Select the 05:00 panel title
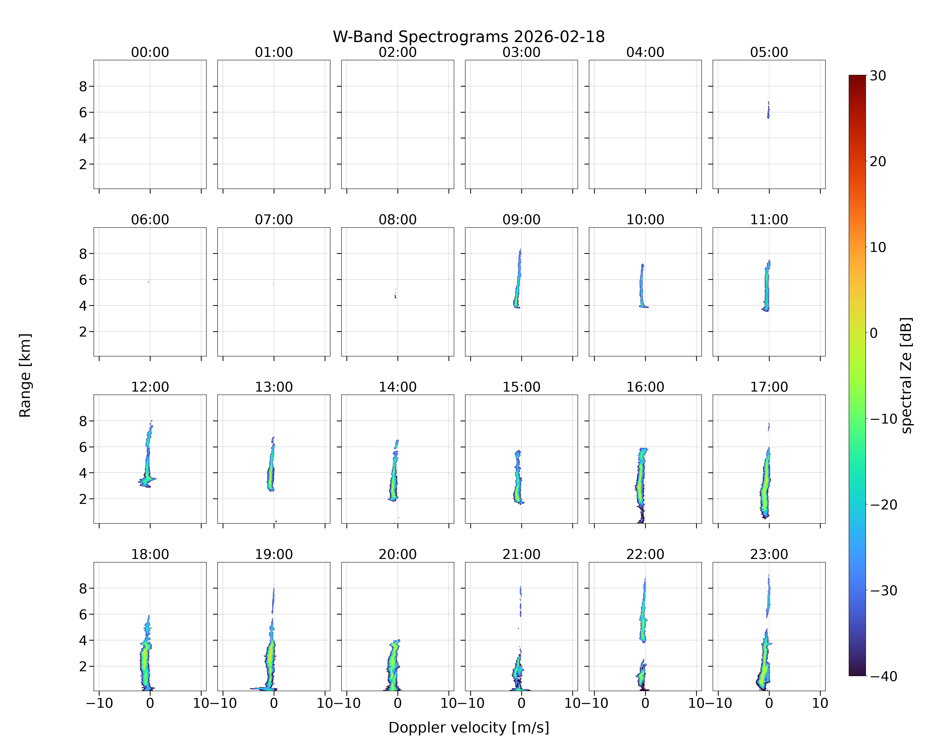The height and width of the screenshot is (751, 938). [x=769, y=52]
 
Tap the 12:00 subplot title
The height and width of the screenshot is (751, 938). [x=150, y=387]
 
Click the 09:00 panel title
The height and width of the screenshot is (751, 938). [x=521, y=220]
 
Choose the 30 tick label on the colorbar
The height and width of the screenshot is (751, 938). [x=878, y=76]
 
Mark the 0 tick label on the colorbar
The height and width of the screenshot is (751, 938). [x=874, y=333]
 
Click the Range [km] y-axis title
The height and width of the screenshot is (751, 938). [x=25, y=375]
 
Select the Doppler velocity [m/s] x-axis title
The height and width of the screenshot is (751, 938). [x=468, y=727]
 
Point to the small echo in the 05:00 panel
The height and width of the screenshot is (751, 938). [x=768, y=110]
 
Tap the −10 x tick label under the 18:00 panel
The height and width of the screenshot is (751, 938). [x=99, y=703]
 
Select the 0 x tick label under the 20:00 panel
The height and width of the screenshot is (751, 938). [x=398, y=703]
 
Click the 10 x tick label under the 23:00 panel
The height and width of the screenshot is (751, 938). [x=820, y=703]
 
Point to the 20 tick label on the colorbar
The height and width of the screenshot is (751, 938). [x=878, y=161]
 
